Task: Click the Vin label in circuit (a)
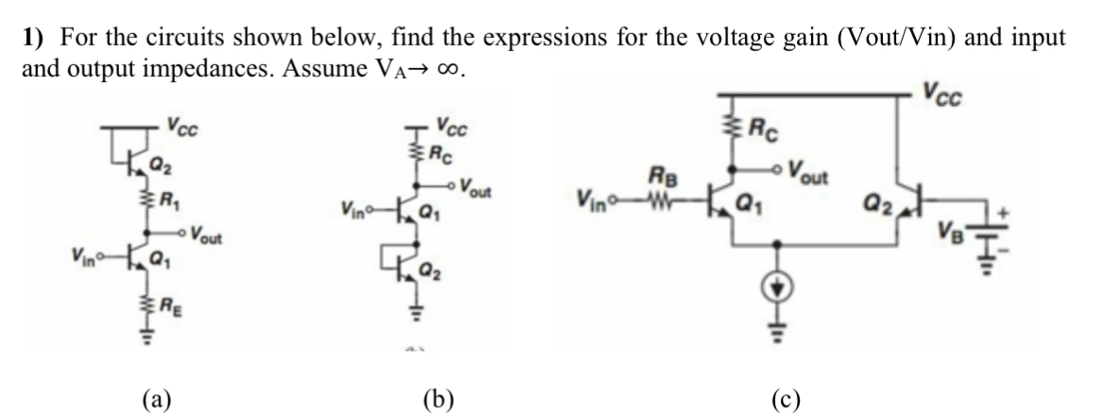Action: [x=85, y=253]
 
